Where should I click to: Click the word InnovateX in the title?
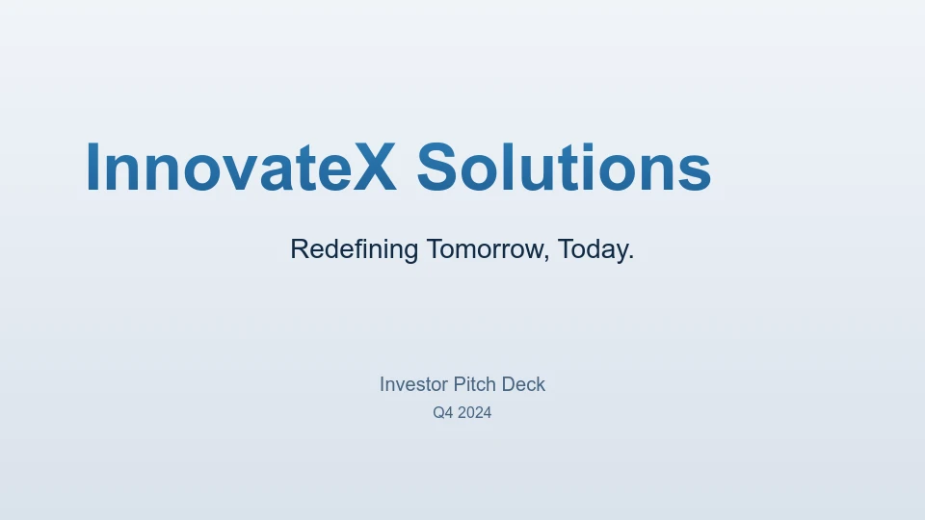pyautogui.click(x=241, y=168)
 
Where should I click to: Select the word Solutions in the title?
pyautogui.click(x=564, y=168)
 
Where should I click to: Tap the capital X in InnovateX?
pyautogui.click(x=375, y=168)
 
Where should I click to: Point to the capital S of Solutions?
pyautogui.click(x=436, y=168)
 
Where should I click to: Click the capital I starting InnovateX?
pyautogui.click(x=92, y=168)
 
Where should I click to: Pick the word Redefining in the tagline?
pyautogui.click(x=354, y=249)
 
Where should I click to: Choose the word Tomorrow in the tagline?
pyautogui.click(x=486, y=248)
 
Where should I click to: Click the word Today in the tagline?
pyautogui.click(x=593, y=249)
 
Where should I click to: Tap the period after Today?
pyautogui.click(x=631, y=258)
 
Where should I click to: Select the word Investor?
pyautogui.click(x=413, y=384)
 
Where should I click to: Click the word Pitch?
pyautogui.click(x=475, y=384)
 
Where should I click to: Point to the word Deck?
pyautogui.click(x=524, y=384)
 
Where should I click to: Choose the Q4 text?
pyautogui.click(x=443, y=413)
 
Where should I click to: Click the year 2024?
pyautogui.click(x=475, y=413)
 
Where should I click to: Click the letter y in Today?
pyautogui.click(x=620, y=254)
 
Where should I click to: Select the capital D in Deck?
pyautogui.click(x=508, y=384)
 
